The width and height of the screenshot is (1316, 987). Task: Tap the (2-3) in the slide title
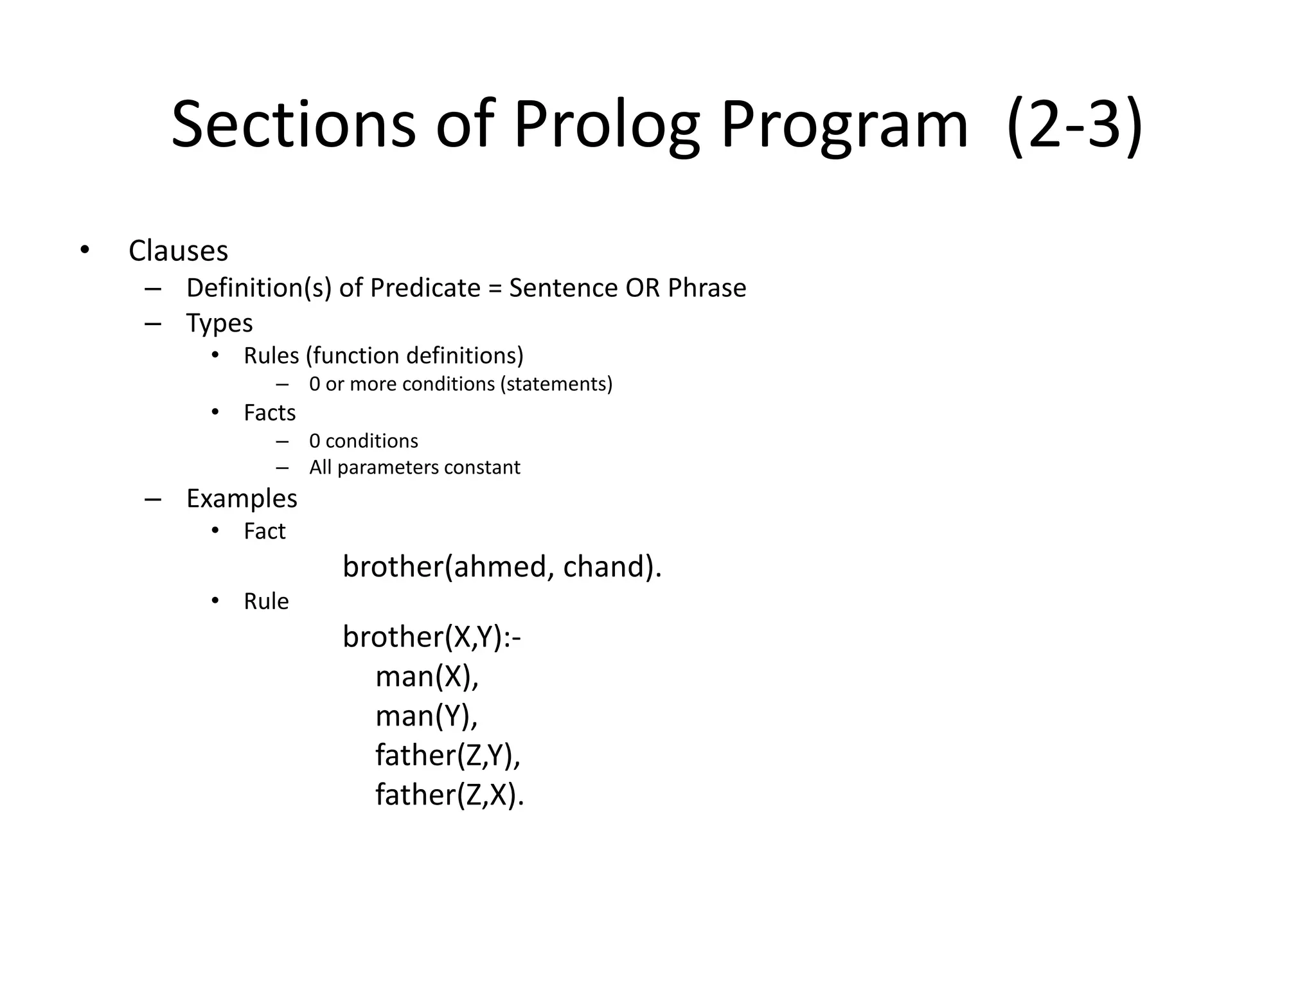tap(1074, 126)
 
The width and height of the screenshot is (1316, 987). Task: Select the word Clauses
tap(178, 251)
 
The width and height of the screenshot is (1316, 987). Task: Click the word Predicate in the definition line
tap(425, 288)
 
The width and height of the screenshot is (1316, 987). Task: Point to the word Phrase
tap(707, 288)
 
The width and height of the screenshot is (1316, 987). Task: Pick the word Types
tap(219, 323)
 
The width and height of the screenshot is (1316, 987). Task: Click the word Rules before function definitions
tap(271, 356)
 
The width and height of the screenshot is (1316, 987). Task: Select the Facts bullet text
tap(269, 413)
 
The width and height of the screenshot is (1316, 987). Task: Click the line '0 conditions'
tap(363, 441)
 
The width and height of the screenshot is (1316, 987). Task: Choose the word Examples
tap(242, 499)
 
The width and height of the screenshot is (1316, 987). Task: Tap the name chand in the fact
tap(604, 567)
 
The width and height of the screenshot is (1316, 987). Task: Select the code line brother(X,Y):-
tap(431, 637)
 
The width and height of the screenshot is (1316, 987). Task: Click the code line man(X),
tap(427, 677)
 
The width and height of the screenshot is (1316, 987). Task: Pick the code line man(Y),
tap(427, 716)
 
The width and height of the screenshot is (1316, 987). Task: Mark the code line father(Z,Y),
tap(447, 755)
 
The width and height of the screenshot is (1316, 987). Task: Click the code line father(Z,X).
tap(449, 795)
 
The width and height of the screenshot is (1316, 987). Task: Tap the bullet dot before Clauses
tap(85, 250)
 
